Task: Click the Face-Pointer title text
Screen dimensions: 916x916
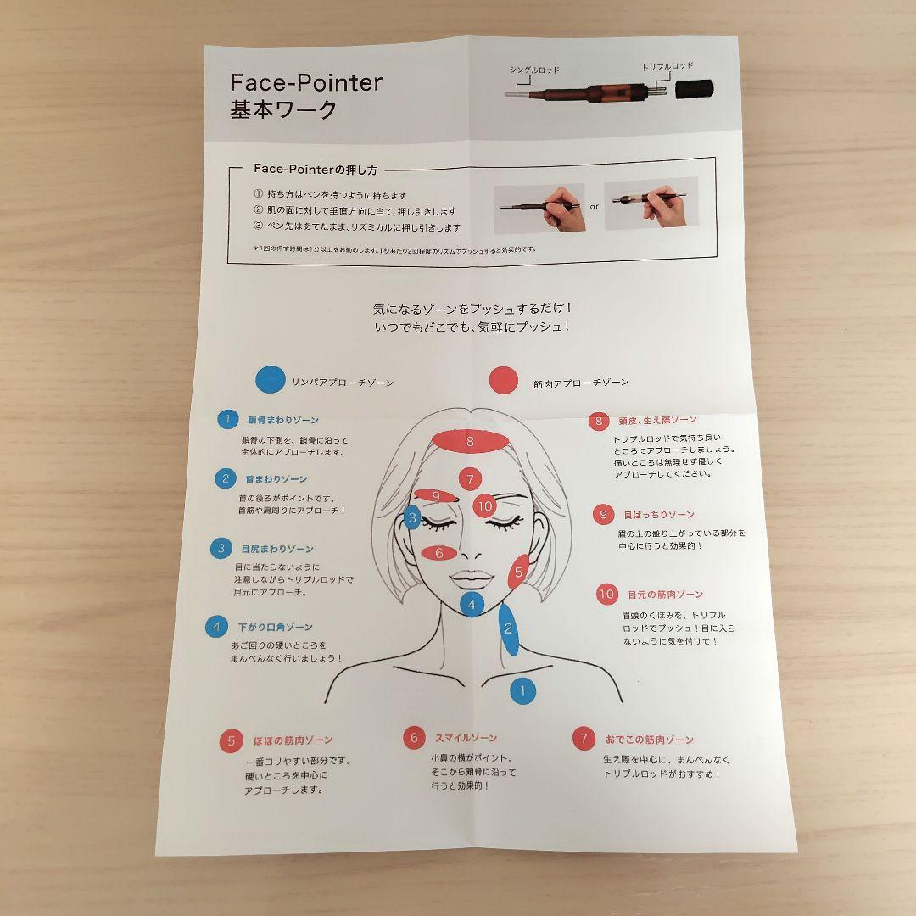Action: point(306,83)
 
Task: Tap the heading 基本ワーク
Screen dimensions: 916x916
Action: point(283,110)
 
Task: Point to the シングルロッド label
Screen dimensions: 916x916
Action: point(534,69)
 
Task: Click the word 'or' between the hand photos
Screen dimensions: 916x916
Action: point(594,205)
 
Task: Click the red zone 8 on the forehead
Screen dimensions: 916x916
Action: point(469,441)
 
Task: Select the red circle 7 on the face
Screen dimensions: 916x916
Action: point(470,479)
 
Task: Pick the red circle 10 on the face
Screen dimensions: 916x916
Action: point(484,506)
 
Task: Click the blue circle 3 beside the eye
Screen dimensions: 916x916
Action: point(412,517)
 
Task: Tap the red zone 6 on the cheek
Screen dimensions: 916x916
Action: point(439,553)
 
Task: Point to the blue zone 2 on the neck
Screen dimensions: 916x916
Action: point(508,628)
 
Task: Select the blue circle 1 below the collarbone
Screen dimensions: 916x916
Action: point(522,690)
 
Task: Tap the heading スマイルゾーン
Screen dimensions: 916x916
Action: point(466,738)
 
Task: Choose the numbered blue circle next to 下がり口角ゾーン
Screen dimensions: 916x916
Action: point(217,628)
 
